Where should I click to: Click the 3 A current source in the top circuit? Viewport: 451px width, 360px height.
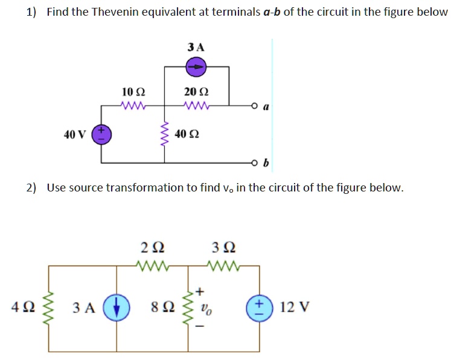coord(196,67)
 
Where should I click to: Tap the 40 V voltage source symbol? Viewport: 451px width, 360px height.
coord(101,134)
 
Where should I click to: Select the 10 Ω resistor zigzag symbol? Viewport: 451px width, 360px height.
coord(133,106)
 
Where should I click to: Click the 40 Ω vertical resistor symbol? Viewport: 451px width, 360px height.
coord(164,134)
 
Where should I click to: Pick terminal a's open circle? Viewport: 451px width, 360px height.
coord(256,106)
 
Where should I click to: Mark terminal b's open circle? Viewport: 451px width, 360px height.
coord(256,162)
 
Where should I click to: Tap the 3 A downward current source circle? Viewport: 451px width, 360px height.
coord(117,306)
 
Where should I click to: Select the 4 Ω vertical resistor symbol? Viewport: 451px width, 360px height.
coord(49,306)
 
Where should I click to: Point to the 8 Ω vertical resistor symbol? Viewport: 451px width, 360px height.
coord(185,306)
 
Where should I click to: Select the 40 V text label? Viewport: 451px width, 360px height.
coord(75,134)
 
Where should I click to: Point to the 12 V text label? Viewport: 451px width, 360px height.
coord(295,307)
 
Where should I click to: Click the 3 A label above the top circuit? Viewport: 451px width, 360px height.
coord(196,47)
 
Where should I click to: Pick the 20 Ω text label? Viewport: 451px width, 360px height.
coord(196,92)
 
